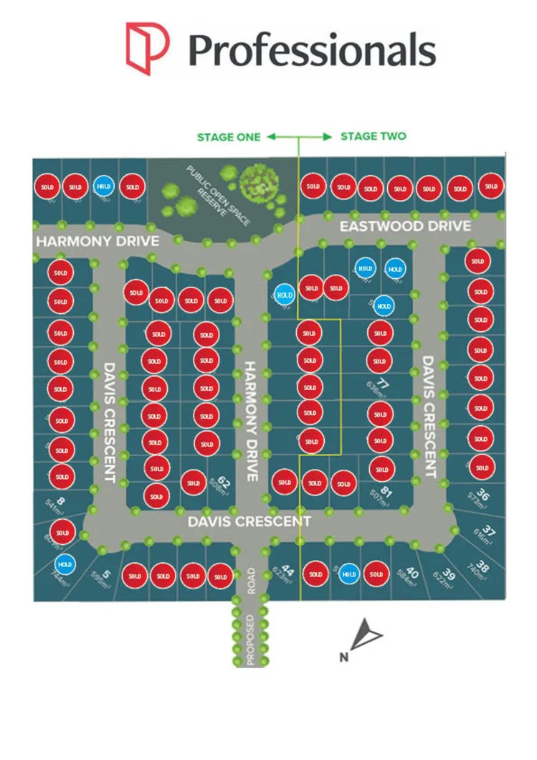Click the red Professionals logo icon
point(147,47)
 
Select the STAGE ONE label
point(229,136)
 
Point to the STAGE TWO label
point(373,136)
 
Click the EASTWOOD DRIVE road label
point(405,227)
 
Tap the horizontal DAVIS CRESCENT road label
point(249,521)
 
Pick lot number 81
point(386,492)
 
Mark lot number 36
point(483,495)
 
